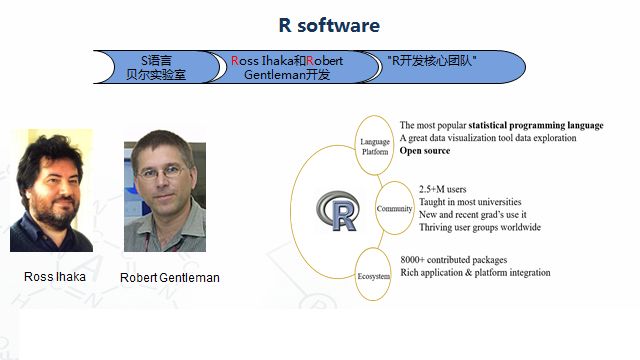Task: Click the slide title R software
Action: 329,25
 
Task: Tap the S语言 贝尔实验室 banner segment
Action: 156,67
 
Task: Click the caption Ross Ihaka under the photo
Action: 55,277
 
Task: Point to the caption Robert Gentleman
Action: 170,278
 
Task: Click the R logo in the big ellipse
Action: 338,211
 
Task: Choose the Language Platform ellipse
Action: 374,145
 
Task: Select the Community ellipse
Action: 394,208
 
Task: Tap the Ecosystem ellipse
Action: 373,274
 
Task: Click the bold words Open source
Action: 425,151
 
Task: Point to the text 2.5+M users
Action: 442,189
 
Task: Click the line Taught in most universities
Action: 470,202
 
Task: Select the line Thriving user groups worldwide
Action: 480,227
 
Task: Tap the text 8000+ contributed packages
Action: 454,260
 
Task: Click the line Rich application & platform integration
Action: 475,272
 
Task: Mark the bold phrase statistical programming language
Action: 536,125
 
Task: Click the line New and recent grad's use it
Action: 473,214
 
